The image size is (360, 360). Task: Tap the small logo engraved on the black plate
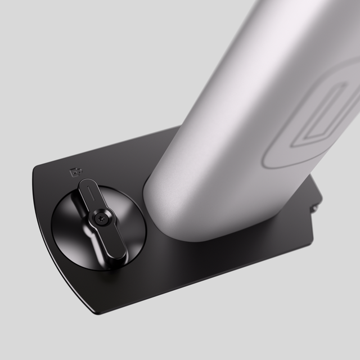(x=74, y=172)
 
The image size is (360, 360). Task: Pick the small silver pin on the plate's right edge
(x=314, y=208)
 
